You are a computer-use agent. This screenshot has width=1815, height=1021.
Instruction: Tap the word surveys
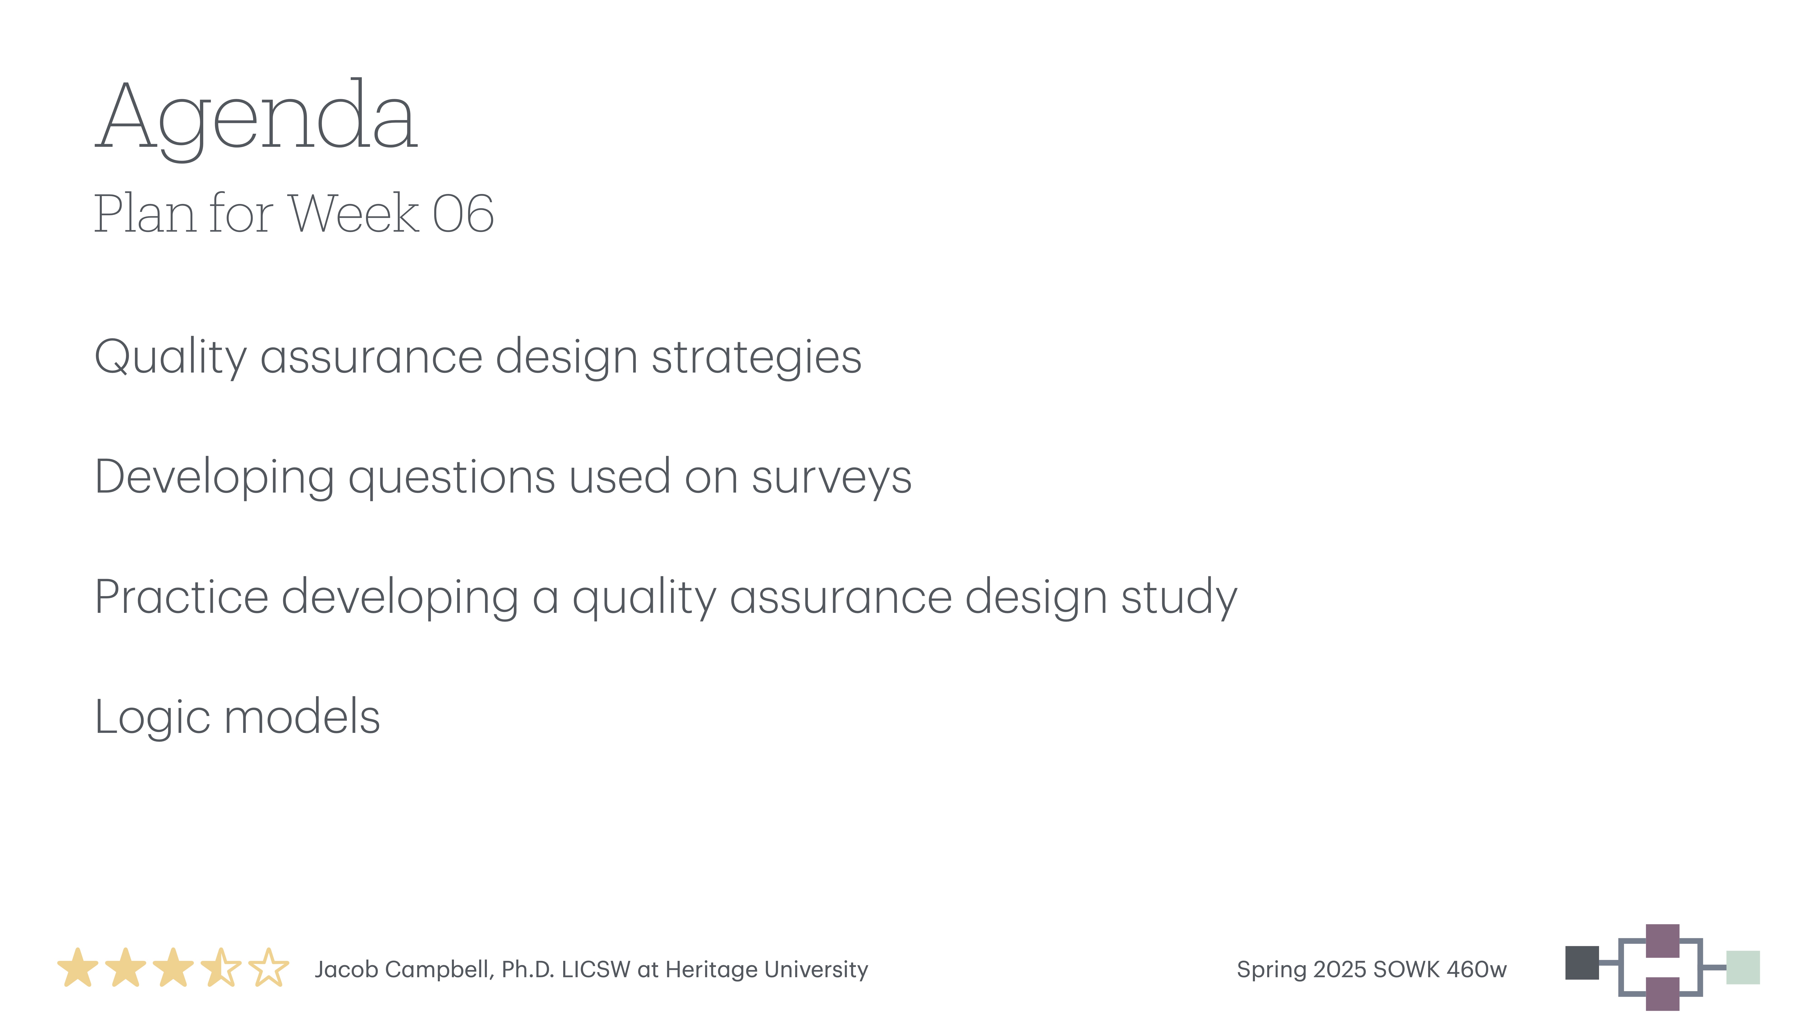tap(831, 477)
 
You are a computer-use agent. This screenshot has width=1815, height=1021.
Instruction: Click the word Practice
tap(182, 597)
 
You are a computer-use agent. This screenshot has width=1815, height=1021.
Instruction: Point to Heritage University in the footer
tap(767, 969)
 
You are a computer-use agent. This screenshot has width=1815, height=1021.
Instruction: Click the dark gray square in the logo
tap(1582, 962)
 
